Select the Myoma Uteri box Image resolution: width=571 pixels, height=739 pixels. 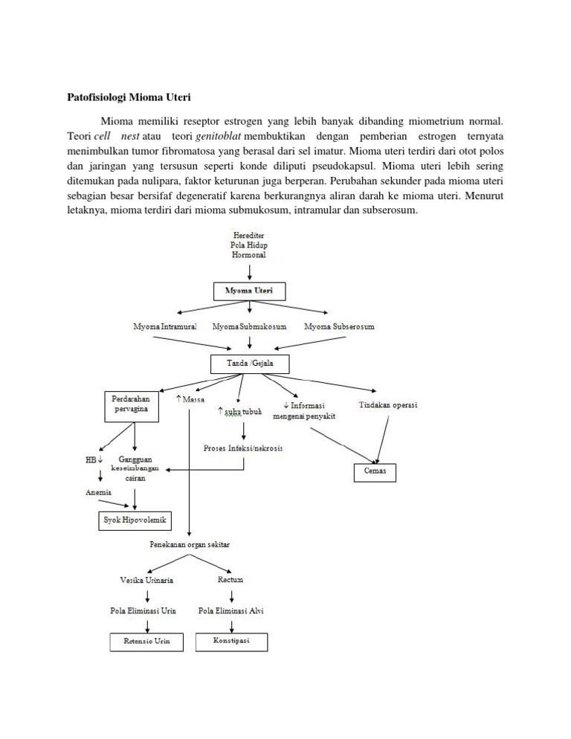coord(248,291)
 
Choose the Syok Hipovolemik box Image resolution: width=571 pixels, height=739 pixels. coord(135,520)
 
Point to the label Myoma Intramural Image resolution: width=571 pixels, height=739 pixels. coord(164,326)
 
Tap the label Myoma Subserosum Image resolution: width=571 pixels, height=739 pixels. coord(338,326)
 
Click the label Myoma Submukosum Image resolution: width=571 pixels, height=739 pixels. coord(249,326)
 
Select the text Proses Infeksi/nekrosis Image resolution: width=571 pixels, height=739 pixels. coord(242,448)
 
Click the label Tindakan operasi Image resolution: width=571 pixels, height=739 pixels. coord(388,404)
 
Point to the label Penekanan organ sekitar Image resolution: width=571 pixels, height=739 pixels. coord(190,545)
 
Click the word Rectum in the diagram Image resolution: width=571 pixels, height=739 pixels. coord(230,579)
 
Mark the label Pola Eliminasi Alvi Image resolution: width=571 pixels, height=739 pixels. coord(230,610)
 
